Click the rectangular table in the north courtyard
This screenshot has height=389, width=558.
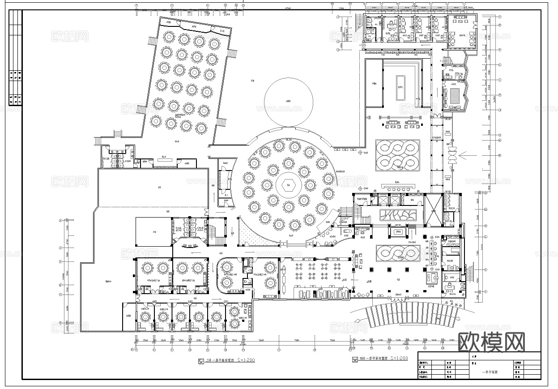[400, 87]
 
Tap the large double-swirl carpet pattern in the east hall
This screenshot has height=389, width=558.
[397, 155]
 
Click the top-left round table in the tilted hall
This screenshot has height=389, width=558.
[169, 35]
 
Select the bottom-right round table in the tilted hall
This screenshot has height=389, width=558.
[201, 128]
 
